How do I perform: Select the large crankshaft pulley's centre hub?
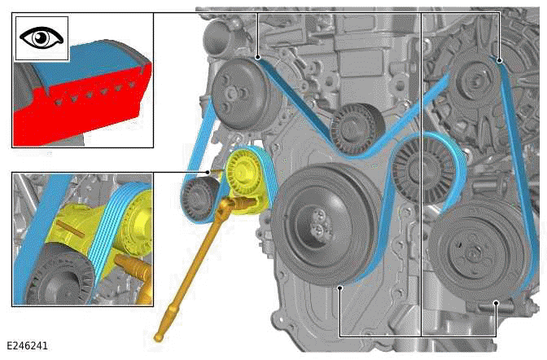315,220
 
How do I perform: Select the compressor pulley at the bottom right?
470,252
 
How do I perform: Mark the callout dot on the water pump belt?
257,56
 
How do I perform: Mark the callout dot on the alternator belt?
498,59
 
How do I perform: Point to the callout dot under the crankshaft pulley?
339,287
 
